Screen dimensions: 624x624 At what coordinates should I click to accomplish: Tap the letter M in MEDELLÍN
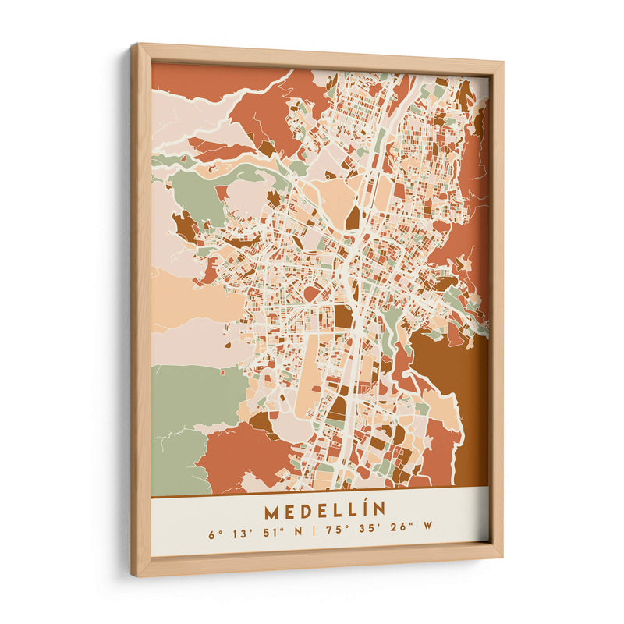(271, 512)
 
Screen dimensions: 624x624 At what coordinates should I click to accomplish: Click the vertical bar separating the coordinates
(314, 534)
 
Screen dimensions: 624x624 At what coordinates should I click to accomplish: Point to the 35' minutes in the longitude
(367, 534)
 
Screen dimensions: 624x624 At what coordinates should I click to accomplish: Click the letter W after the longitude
(427, 534)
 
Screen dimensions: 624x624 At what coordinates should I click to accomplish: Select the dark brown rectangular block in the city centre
(343, 316)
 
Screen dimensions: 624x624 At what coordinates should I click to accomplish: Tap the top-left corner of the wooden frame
(135, 47)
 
